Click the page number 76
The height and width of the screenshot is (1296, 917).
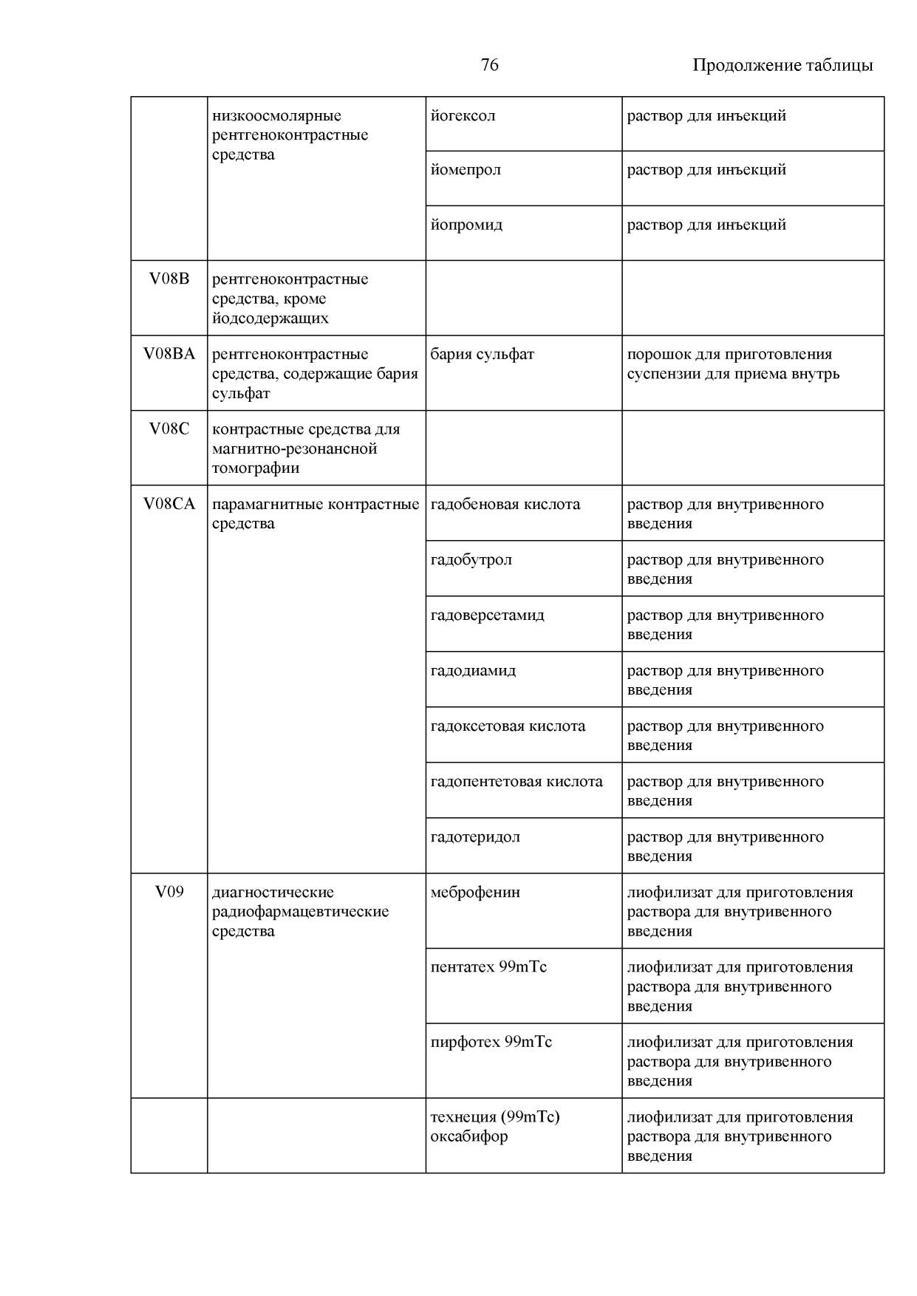[x=489, y=65]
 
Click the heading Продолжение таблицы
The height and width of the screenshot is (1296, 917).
[x=783, y=65]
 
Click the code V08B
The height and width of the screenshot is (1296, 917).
[x=169, y=279]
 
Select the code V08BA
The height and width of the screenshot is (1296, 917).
[x=169, y=354]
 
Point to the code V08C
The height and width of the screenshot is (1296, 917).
[x=169, y=429]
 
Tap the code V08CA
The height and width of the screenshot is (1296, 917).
[x=169, y=504]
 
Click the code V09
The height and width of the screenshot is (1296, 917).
[x=169, y=892]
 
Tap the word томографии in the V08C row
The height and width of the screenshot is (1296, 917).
[x=256, y=468]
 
